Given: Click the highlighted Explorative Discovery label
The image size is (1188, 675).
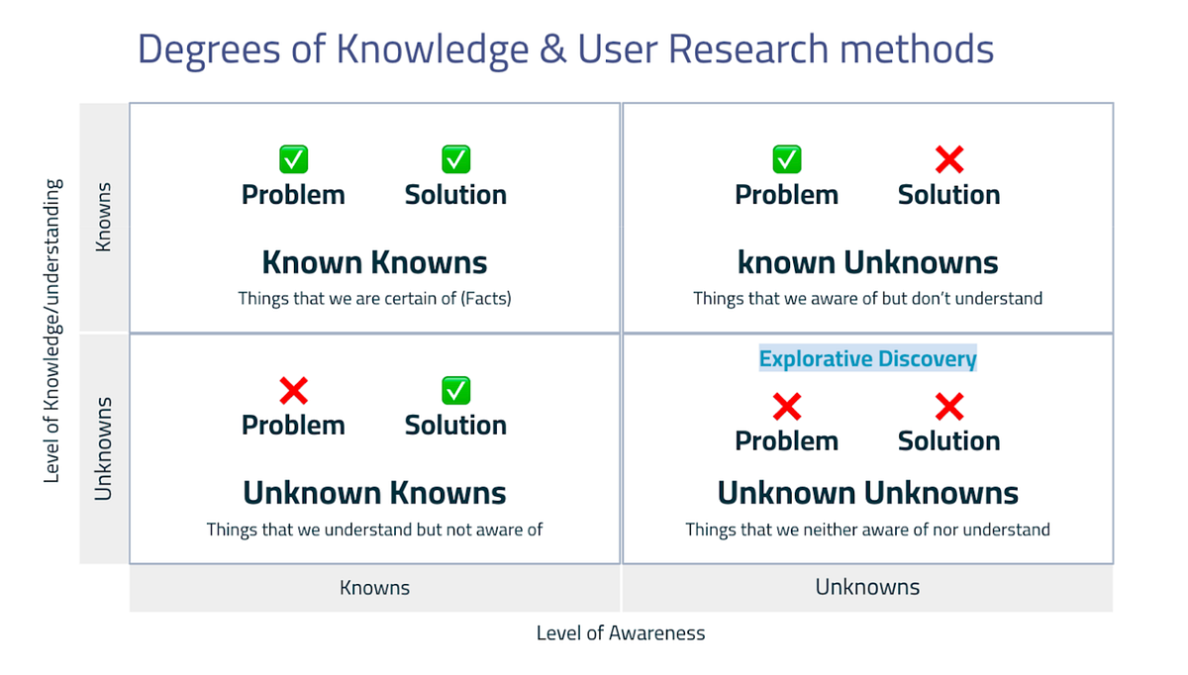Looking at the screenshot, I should (x=867, y=358).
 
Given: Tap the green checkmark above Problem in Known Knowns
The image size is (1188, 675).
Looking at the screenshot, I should (x=293, y=158).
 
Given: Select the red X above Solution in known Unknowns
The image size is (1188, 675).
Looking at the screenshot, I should (x=949, y=158).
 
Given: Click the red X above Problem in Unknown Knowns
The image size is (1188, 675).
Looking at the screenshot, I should (x=293, y=390).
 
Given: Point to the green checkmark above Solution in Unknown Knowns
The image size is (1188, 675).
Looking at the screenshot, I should (x=455, y=390).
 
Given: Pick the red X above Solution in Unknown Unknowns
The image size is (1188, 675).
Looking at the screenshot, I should (x=949, y=406).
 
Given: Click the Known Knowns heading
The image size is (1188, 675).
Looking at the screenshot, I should (x=374, y=262).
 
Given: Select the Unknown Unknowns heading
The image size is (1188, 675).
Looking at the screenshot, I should (x=867, y=493).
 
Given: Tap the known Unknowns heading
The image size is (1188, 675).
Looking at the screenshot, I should (x=867, y=262).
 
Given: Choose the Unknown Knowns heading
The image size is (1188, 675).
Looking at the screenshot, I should (x=374, y=493).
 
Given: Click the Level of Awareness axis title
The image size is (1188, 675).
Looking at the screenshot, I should (x=621, y=633).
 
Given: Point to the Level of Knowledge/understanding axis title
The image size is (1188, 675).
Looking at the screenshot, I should (x=53, y=331).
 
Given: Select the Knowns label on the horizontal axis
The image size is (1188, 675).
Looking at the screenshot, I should (x=374, y=588).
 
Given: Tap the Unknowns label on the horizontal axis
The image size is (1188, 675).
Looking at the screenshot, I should (x=867, y=587).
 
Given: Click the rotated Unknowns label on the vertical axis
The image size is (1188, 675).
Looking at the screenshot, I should (x=104, y=447).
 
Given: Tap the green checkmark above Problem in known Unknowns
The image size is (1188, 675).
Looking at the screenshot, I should (x=786, y=158).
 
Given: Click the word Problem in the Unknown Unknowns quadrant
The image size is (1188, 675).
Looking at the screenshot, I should (x=786, y=440).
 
